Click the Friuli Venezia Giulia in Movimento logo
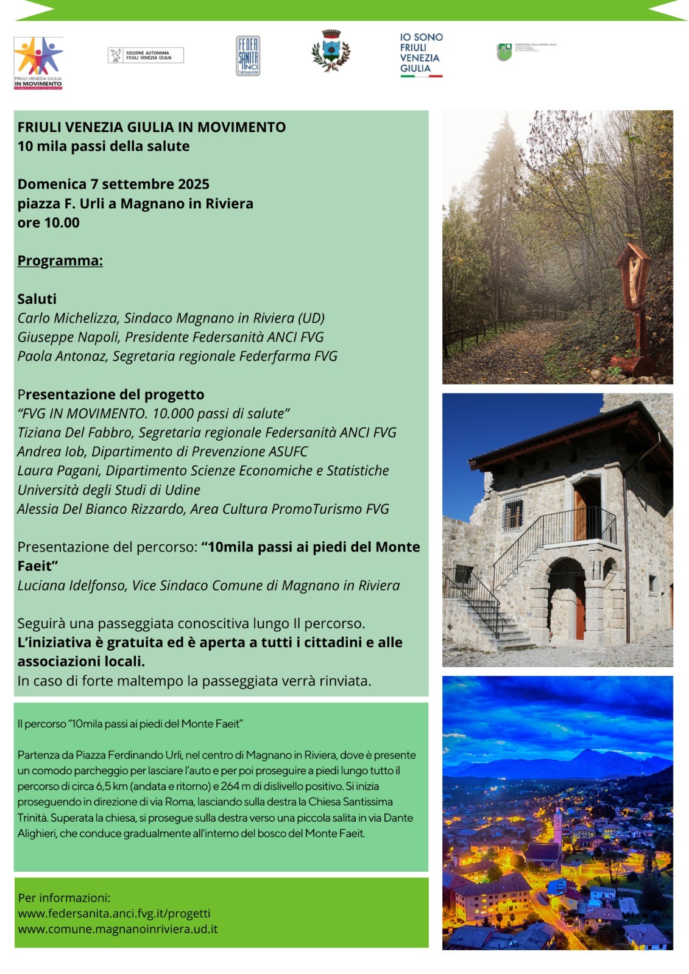[38, 63]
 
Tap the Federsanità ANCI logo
[248, 56]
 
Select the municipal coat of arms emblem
[331, 51]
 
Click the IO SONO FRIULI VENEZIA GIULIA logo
[421, 54]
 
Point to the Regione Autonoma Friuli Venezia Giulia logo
[146, 55]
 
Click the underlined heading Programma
[60, 261]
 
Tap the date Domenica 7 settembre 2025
[113, 184]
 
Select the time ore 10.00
[48, 223]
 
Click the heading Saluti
[37, 299]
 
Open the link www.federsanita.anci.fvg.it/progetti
[114, 914]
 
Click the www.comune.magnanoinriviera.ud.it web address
[118, 930]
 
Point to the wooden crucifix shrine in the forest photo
[634, 280]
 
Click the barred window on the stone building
[513, 514]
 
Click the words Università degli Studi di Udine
[108, 490]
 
